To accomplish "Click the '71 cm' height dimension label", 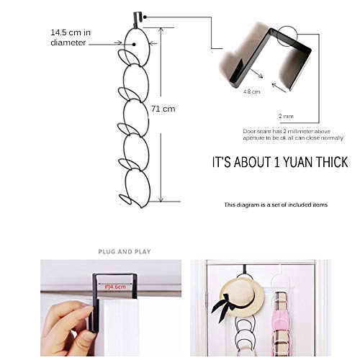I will pyautogui.click(x=163, y=109).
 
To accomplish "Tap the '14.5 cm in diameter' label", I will pyautogui.click(x=70, y=37).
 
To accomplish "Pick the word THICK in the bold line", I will pyautogui.click(x=330, y=162).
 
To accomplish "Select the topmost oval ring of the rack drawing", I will pyautogui.click(x=135, y=40).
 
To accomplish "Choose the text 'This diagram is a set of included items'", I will pyautogui.click(x=275, y=205).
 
